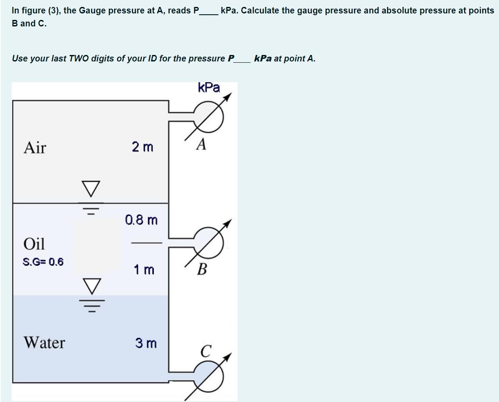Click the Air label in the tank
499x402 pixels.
pyautogui.click(x=35, y=148)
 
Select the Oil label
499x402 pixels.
pyautogui.click(x=34, y=244)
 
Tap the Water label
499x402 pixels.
pyautogui.click(x=44, y=343)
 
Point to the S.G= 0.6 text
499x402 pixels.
pyautogui.click(x=43, y=262)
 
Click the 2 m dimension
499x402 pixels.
pyautogui.click(x=142, y=148)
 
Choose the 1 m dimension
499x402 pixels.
pyautogui.click(x=143, y=270)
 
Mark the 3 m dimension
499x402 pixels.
pyautogui.click(x=146, y=343)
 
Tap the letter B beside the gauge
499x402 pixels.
pyautogui.click(x=201, y=270)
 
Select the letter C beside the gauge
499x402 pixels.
pyautogui.click(x=206, y=350)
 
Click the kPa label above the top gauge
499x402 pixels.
pyautogui.click(x=209, y=87)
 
